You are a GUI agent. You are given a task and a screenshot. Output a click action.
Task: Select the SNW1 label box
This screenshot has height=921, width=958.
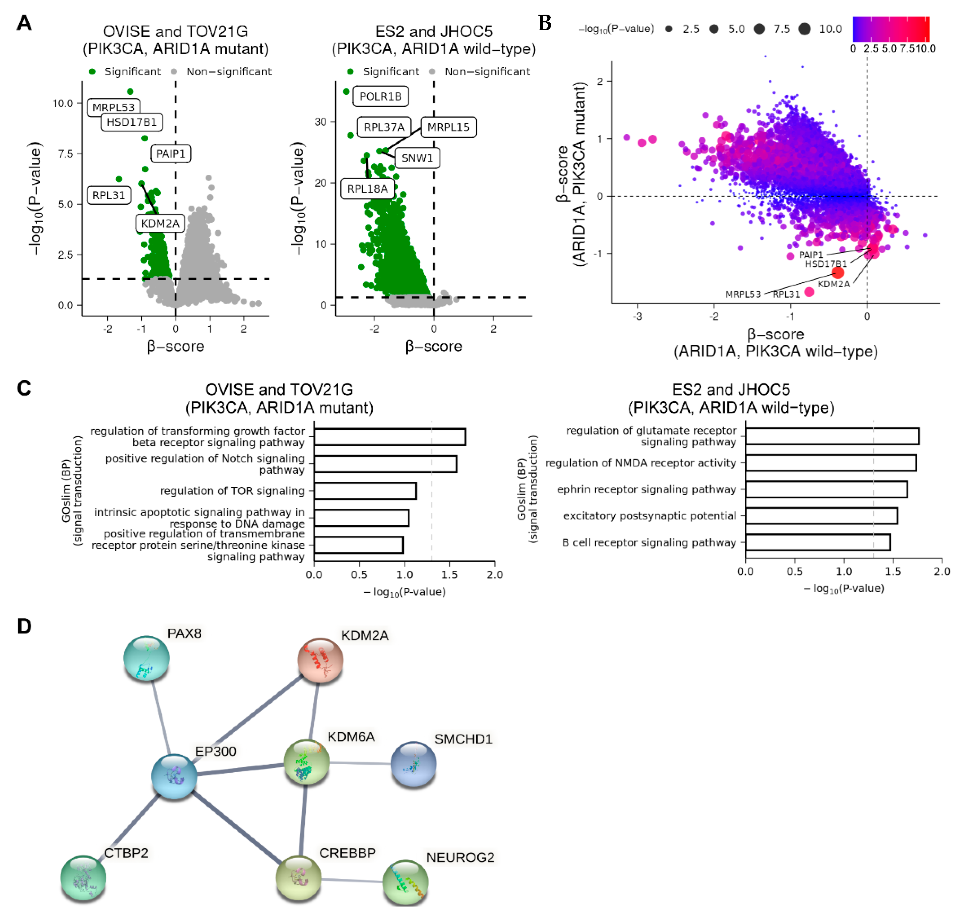coord(417,158)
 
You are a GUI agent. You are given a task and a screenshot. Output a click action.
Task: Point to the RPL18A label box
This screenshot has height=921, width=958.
coord(367,189)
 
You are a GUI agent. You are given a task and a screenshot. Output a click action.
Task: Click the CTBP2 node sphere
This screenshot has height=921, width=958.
coord(83,878)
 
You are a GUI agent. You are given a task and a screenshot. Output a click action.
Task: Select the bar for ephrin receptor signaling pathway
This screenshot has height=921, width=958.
coord(826,489)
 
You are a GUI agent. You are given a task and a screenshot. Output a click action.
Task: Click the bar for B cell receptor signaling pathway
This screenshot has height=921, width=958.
coord(818,542)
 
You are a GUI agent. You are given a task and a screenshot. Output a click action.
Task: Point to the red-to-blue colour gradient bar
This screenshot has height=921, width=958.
coord(890,29)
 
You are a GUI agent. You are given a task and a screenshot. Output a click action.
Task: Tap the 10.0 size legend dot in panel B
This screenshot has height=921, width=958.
coord(804,29)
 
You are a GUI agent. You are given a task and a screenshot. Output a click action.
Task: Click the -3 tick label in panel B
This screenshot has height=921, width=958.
coord(637,316)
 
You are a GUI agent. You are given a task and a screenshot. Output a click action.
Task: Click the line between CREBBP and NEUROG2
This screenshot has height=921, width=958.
coord(352,880)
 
